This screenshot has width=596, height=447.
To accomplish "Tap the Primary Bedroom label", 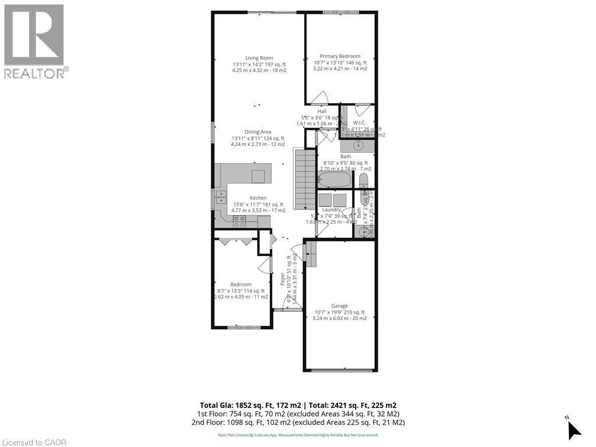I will click(340, 56).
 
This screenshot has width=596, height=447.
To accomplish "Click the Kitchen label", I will click(258, 198).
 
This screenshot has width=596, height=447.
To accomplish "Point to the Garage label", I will click(339, 306).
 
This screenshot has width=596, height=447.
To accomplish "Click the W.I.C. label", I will click(359, 123).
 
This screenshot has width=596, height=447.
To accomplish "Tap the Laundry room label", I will click(331, 210).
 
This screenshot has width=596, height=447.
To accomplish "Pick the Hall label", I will click(322, 111).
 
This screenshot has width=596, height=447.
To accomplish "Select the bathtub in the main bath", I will click(335, 179).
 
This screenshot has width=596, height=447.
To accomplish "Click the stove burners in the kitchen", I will click(239, 221).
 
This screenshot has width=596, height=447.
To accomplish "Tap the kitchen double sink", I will click(220, 198).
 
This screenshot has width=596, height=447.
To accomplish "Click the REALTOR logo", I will click(34, 41).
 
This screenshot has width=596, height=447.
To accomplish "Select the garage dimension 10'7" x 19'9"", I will click(339, 312).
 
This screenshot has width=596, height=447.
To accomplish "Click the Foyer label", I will click(283, 279).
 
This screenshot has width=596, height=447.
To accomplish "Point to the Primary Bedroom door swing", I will click(320, 97).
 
